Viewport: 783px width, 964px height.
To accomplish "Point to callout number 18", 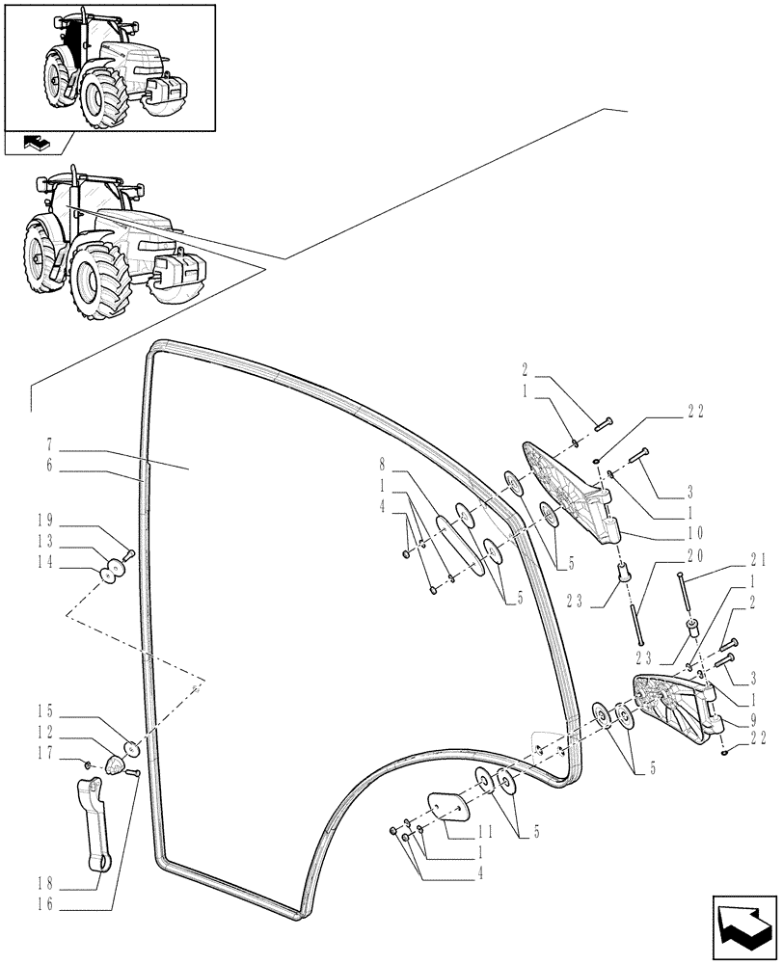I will pyautogui.click(x=46, y=881).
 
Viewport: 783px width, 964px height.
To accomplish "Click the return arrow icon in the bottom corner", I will pyautogui.click(x=743, y=926).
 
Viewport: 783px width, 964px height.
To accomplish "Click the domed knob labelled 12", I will pyautogui.click(x=116, y=764).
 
